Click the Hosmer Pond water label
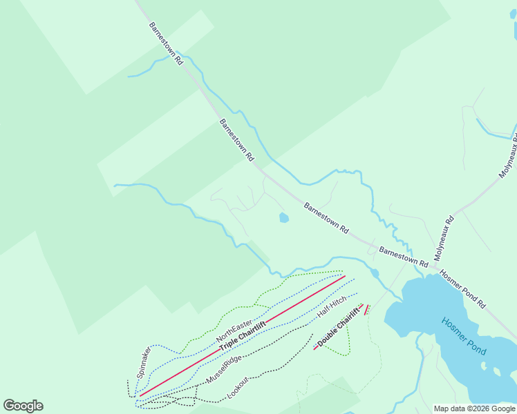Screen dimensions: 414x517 pos(464,336)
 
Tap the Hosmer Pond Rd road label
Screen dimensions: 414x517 pos(462,288)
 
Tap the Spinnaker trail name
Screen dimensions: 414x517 pos(144,363)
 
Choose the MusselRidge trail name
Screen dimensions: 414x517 pos(224,371)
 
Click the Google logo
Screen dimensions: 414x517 pos(23,406)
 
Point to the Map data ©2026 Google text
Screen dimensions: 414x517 pos(475,408)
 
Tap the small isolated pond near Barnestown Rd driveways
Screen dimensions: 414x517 pos(283,218)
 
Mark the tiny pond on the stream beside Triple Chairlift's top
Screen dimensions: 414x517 pos(375,273)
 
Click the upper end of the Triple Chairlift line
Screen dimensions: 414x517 pos(345,276)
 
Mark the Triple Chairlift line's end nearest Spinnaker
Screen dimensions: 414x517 pos(140,395)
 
